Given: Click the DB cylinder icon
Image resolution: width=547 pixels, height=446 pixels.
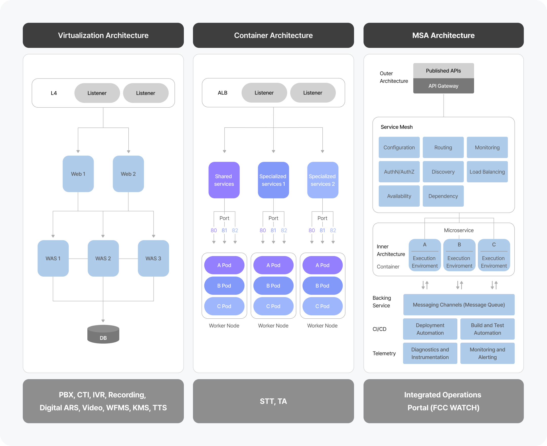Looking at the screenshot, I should coord(103,334).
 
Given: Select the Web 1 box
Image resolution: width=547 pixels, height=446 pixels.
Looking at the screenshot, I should coord(78,174).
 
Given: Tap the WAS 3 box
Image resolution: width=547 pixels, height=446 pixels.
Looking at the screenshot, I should coord(153,258).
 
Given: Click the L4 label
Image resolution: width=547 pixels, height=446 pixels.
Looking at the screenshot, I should coord(54,93).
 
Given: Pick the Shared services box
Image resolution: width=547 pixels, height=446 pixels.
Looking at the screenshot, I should coord(224,180).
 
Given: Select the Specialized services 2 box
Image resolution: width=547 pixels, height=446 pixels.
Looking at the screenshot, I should coord(323,180).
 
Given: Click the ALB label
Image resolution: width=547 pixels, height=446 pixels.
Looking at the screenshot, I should coord(223,93).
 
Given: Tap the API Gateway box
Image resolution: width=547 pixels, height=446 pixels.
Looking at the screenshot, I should coord(443,86).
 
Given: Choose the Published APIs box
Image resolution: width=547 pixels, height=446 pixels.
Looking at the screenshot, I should coord(443,71).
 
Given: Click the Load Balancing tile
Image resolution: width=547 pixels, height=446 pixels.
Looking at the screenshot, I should coord(487,172).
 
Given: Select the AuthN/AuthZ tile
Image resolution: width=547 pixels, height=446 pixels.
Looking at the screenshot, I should coord(399,172).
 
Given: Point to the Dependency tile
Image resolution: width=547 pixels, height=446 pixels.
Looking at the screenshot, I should coord(443,196).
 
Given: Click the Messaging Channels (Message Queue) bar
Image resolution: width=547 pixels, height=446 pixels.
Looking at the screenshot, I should coord(459,305).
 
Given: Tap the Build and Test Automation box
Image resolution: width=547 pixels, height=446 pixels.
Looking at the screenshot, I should coord(487,329).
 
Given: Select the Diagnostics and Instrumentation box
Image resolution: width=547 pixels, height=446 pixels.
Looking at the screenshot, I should coord(430,354).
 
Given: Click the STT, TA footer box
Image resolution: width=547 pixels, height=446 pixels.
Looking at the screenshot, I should coord(273,401).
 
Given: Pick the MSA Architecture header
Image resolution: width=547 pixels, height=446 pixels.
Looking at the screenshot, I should coord(443,35).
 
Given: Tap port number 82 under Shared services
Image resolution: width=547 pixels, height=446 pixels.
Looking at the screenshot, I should coord(235,230).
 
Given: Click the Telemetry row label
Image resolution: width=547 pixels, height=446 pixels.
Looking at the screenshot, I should coord(384,354).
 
